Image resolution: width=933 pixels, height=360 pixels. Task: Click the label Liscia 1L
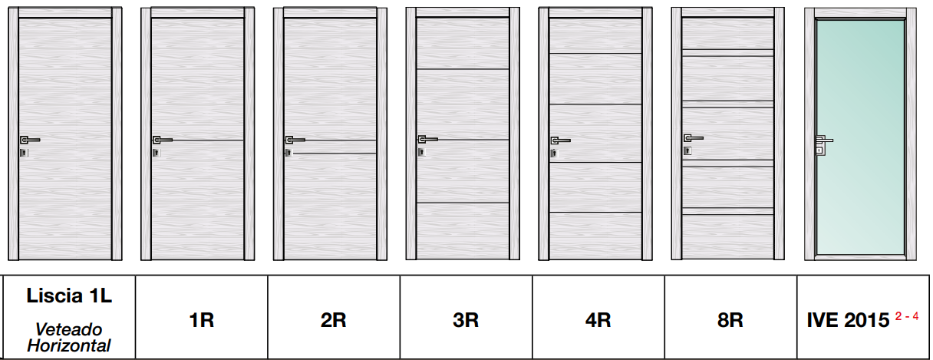69,296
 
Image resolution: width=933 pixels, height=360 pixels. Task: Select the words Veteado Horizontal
69,338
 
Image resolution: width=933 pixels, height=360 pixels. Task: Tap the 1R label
202,320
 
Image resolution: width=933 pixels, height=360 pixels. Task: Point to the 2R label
333,320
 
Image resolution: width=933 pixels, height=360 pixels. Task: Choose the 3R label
466,320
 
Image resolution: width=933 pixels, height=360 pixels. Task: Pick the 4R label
598,320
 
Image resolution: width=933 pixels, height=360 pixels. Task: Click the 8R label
730,320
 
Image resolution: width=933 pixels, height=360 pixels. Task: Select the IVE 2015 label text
848,320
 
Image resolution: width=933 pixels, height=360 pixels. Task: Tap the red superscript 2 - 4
907,317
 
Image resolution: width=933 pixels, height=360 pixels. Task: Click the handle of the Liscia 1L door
30,140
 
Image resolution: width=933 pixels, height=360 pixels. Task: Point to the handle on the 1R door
162,140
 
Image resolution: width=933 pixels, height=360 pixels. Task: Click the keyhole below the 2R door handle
288,153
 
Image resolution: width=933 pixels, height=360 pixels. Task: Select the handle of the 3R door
428,139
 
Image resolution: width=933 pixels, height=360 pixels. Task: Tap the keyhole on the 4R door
554,154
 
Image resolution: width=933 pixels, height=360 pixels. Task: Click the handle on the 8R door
694,138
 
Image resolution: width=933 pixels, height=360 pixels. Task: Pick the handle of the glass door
823,140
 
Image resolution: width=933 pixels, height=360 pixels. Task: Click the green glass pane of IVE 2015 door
861,137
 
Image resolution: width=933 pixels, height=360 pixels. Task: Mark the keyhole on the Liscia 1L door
24,153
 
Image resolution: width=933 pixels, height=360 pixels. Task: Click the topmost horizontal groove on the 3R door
463,69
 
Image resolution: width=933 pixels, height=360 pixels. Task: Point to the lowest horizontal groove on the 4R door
595,213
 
